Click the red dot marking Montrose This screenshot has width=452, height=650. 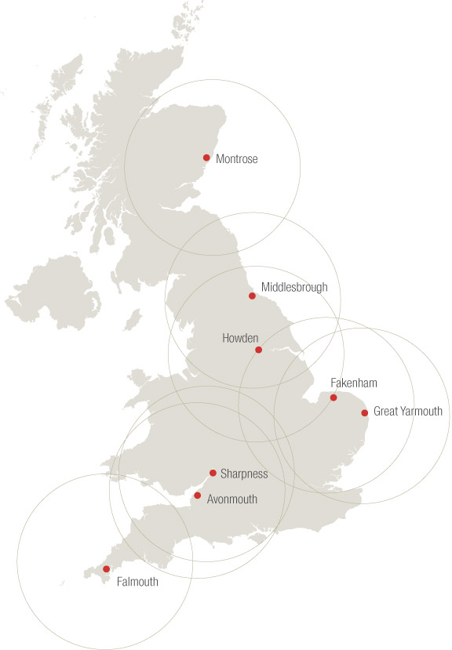tap(206, 158)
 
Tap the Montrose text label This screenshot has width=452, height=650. tap(236, 159)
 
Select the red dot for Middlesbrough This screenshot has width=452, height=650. tap(252, 296)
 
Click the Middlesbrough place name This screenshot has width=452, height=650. tap(294, 288)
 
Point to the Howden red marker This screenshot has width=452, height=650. tap(259, 350)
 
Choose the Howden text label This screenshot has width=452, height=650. tap(240, 338)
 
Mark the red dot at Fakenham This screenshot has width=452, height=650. tap(334, 398)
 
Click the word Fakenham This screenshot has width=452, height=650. tap(354, 383)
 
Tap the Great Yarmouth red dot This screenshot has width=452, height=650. tap(364, 412)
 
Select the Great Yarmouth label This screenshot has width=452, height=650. tap(407, 412)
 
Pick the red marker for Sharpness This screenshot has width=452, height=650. tap(213, 473)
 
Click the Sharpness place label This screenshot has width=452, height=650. tap(244, 474)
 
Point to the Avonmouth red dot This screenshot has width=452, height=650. tap(197, 496)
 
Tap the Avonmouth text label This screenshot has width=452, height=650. tap(231, 499)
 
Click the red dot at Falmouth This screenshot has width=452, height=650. tap(106, 569)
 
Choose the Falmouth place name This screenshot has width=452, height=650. tap(137, 582)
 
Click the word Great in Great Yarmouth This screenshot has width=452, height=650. tap(386, 412)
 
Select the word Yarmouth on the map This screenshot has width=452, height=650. tap(421, 412)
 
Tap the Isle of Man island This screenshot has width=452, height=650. tap(133, 319)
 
